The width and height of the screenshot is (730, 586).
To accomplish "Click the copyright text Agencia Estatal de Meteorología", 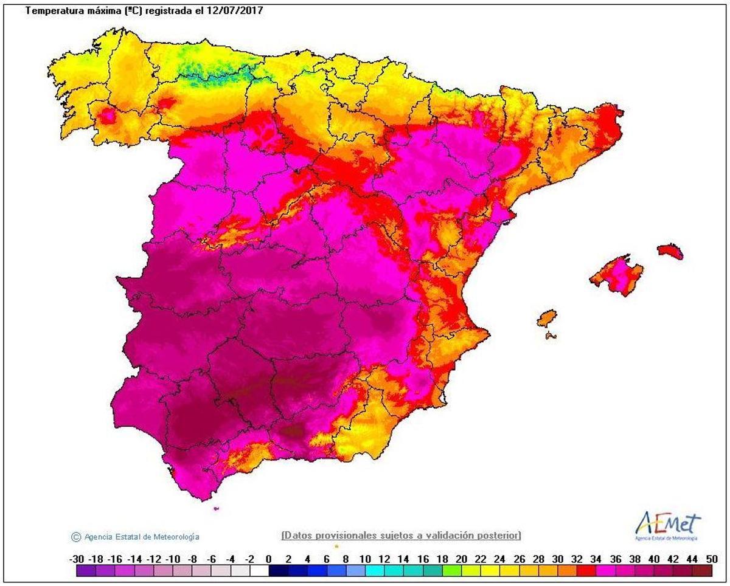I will click(x=141, y=537).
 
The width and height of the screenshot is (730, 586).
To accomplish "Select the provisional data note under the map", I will click(x=401, y=535).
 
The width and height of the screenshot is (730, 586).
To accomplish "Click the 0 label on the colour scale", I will click(x=268, y=559).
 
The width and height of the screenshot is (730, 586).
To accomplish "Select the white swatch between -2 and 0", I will click(x=259, y=571).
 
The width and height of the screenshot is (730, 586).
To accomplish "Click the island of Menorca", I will click(x=670, y=252).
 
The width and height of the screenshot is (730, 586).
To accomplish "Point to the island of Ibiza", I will click(x=546, y=318).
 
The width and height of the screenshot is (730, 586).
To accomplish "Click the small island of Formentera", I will click(x=551, y=336).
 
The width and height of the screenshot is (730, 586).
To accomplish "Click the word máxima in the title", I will click(x=105, y=11).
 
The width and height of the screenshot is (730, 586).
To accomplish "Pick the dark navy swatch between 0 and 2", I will click(x=278, y=571).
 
